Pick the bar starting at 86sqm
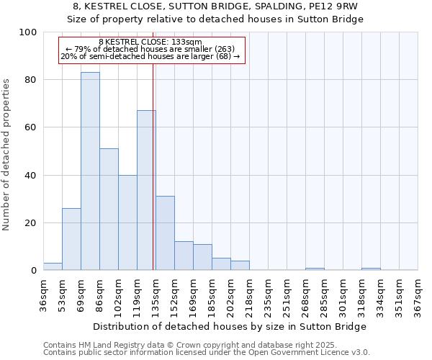(x=109, y=210)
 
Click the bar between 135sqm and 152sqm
(x=165, y=233)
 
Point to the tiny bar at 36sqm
(x=53, y=266)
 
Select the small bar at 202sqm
(x=240, y=266)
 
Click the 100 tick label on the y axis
(x=28, y=32)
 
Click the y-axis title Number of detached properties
(x=7, y=151)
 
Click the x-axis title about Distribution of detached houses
(x=230, y=326)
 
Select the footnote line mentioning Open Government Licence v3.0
(x=207, y=352)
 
